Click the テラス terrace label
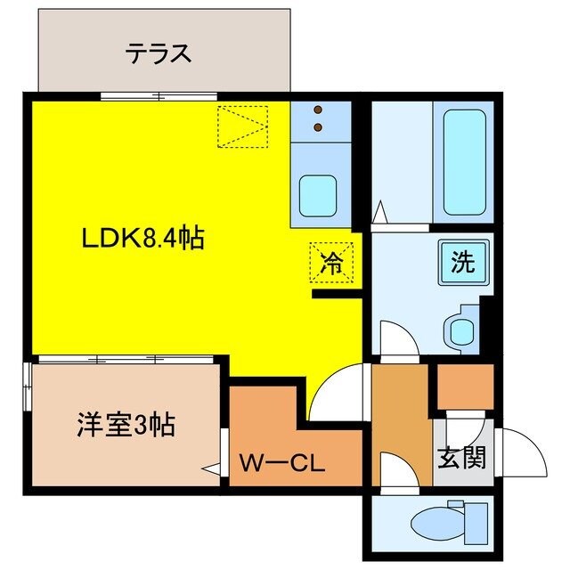[x=158, y=53]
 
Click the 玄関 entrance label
[x=461, y=459]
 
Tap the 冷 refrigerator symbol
[x=330, y=262]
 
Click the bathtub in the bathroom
[x=463, y=160]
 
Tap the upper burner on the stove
[x=320, y=111]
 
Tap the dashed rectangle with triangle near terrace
[x=243, y=126]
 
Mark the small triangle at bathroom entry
[x=379, y=214]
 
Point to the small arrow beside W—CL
[x=211, y=468]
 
